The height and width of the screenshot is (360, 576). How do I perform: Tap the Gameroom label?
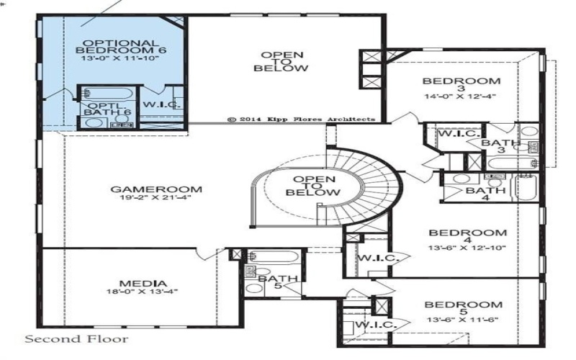pyautogui.click(x=156, y=189)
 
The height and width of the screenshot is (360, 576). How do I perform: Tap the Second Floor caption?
pyautogui.click(x=77, y=338)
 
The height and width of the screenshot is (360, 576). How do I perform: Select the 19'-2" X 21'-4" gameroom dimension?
pyautogui.click(x=156, y=199)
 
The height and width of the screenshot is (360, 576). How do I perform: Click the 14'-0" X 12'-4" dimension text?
pyautogui.click(x=461, y=96)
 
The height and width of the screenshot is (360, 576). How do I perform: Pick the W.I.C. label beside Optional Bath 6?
pyautogui.click(x=160, y=105)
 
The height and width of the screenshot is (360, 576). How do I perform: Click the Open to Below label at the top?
pyautogui.click(x=281, y=61)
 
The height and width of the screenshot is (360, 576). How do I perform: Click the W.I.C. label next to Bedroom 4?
pyautogui.click(x=375, y=258)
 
